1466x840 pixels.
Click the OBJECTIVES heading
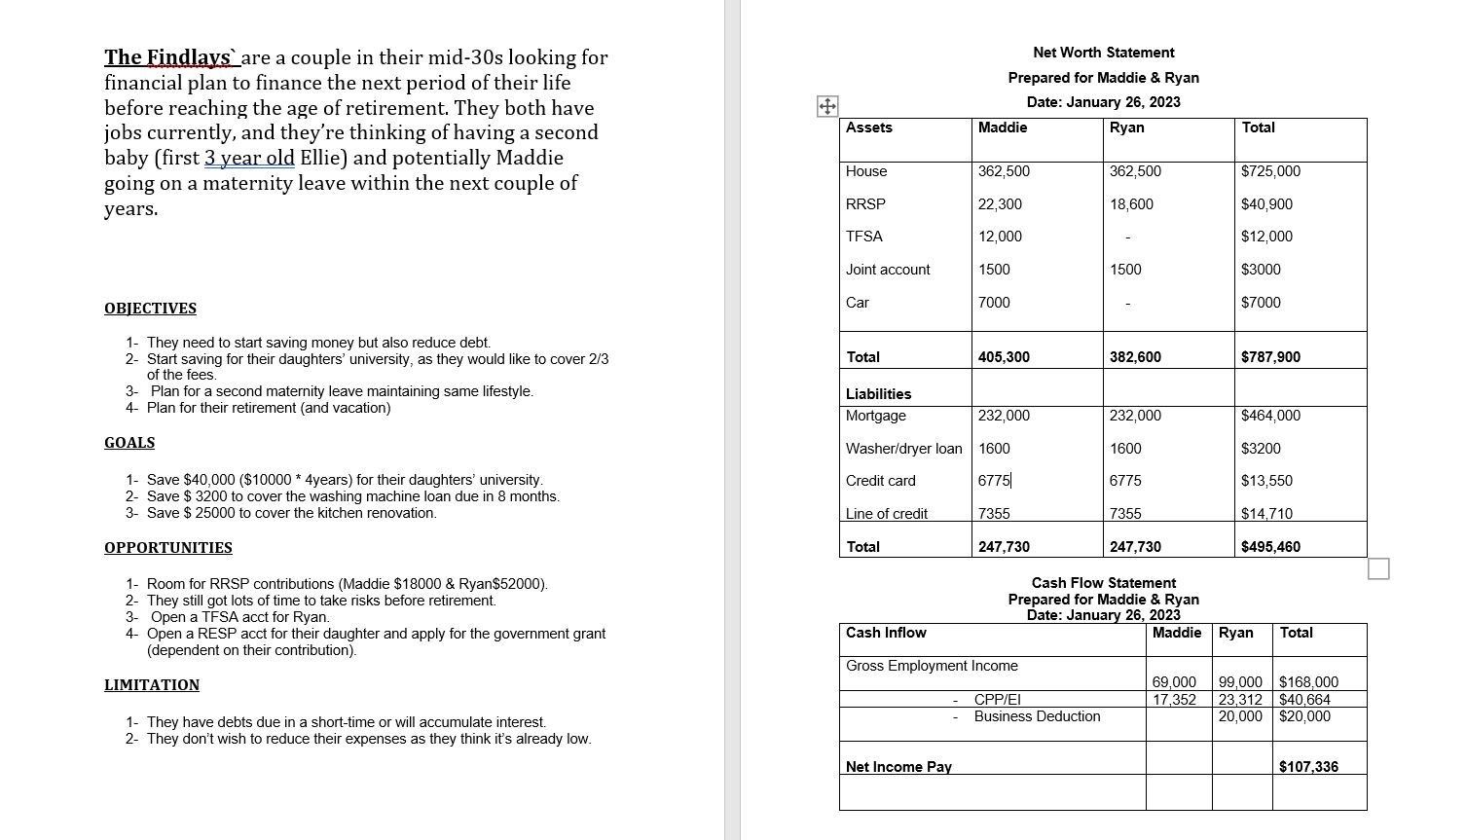(150, 309)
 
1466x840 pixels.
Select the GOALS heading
(129, 443)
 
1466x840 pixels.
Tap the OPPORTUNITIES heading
(168, 548)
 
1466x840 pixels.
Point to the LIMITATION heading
(152, 685)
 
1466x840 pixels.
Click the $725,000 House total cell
(1270, 171)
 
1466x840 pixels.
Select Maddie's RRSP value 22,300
(1000, 204)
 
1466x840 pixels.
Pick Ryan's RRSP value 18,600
(1131, 204)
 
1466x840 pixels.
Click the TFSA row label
(864, 237)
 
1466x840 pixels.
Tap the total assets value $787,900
(1270, 357)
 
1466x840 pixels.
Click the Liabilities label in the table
(878, 394)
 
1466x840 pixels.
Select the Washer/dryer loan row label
(903, 449)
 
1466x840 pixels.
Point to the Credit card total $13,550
(1266, 481)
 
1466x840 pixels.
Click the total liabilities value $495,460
(1270, 547)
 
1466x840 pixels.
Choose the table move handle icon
(826, 106)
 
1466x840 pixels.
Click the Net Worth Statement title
(1103, 53)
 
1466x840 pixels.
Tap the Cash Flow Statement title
(1103, 583)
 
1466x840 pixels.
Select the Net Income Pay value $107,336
(1308, 767)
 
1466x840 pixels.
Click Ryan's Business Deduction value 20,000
(1240, 716)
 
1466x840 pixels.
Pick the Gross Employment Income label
(932, 666)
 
